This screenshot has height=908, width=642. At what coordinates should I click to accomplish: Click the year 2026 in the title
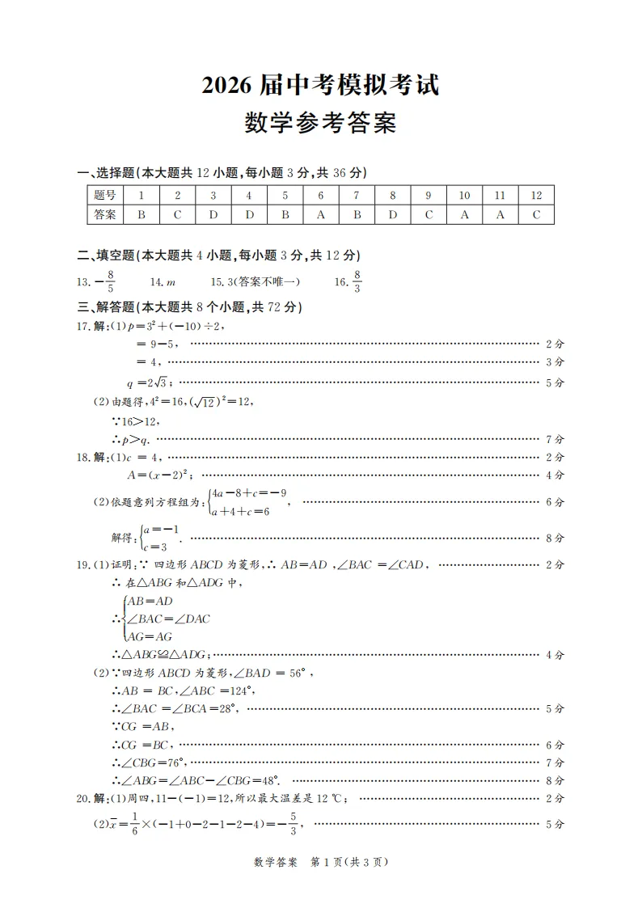pos(228,85)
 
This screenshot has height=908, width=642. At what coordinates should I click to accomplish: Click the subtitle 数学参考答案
pos(320,124)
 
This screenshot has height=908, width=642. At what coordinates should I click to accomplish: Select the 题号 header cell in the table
pos(105,195)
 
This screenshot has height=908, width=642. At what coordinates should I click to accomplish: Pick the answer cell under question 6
pos(320,214)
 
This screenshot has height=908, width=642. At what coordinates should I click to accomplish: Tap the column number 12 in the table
pos(535,195)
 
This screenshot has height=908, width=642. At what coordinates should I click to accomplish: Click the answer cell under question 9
pos(429,214)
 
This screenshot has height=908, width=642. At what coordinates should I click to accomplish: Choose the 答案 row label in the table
pos(105,214)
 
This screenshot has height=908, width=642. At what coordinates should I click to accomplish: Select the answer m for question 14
pos(171,281)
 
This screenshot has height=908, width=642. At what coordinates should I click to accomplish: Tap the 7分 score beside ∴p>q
pos(555,439)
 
